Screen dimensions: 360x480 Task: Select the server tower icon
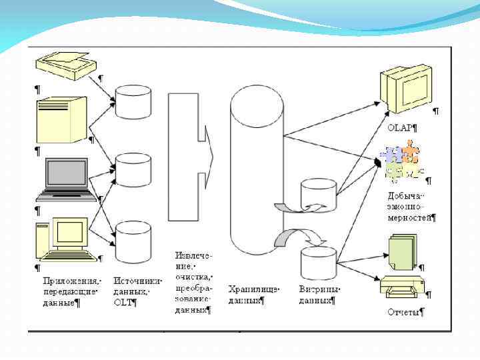click(62, 120)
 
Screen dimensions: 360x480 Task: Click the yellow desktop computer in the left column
click(64, 239)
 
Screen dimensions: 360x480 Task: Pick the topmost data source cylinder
click(133, 101)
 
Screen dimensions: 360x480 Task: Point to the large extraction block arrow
click(189, 157)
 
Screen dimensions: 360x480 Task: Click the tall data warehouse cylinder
click(257, 170)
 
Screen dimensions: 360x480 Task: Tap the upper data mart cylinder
click(318, 193)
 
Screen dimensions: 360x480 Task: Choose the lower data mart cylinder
click(318, 262)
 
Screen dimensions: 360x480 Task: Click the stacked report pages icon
click(403, 251)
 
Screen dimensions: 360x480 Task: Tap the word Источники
click(137, 281)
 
